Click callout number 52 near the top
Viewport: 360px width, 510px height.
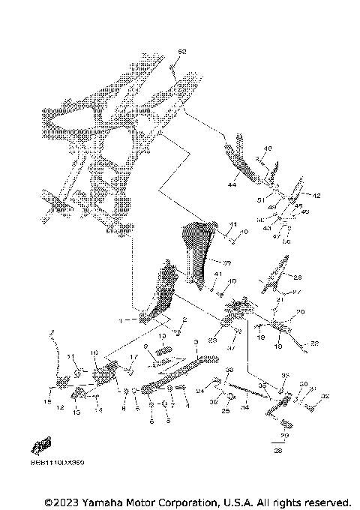181,51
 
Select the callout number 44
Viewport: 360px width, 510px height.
232,183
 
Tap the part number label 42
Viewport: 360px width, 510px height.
316,195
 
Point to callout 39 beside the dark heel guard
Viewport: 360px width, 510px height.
226,262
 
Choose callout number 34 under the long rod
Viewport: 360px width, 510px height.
244,408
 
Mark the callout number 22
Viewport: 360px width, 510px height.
315,343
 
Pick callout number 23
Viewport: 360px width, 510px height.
212,340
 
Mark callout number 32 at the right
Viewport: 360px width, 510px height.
325,396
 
